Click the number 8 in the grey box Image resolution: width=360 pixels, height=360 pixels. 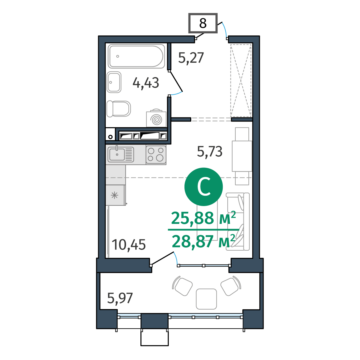point(203,23)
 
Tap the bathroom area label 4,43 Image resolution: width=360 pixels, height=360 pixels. point(146,83)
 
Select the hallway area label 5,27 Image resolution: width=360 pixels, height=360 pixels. point(191,58)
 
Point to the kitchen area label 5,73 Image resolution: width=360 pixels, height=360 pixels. point(209,151)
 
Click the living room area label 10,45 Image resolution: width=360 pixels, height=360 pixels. point(129,245)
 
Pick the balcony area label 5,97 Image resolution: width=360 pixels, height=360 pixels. point(120,298)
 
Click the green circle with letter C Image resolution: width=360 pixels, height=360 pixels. point(204,187)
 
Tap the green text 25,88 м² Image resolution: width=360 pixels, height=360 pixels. point(203,218)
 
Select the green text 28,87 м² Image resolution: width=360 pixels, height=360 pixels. point(203,241)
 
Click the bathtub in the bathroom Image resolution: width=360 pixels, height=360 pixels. point(136,56)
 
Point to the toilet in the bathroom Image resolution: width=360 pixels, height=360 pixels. point(119,109)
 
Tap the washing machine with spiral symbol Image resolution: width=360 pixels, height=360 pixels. point(156,118)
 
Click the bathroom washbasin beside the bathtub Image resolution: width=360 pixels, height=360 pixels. point(114,82)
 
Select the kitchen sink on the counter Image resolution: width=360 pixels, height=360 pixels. point(121,154)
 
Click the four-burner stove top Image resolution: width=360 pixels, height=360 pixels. point(156,155)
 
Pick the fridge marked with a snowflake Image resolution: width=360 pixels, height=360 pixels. point(115,195)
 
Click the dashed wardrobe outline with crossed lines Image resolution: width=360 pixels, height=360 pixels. point(241,81)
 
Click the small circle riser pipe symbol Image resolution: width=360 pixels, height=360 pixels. point(111,137)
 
